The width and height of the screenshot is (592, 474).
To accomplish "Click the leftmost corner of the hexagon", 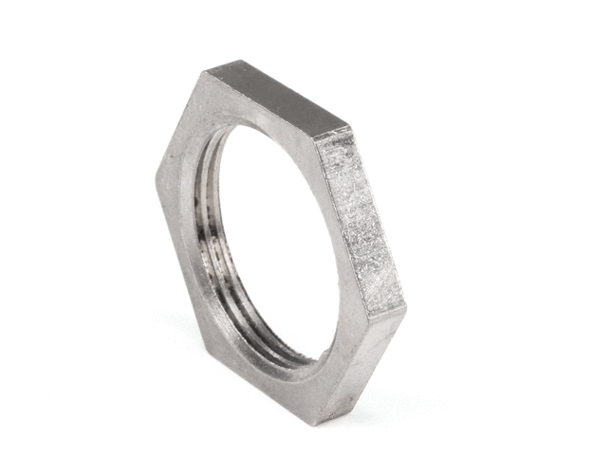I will pos(157,176).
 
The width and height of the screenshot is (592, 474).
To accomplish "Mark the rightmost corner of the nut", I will pos(406,310).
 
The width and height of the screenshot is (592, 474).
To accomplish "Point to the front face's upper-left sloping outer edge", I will pos(179,124).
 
